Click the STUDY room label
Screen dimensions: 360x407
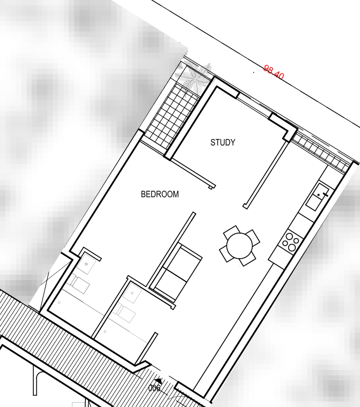[223, 142]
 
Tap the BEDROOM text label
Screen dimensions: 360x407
[160, 194]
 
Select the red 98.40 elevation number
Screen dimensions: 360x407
[274, 72]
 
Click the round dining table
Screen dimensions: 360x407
[240, 246]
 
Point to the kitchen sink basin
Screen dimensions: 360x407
[317, 196]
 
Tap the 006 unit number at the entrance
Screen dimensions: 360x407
[155, 388]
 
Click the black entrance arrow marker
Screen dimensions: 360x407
[158, 381]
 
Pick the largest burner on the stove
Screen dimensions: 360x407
[292, 247]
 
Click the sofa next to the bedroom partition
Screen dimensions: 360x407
[176, 272]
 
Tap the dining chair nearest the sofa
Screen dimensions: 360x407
[226, 254]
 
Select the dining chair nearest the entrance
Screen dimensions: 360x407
[248, 259]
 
